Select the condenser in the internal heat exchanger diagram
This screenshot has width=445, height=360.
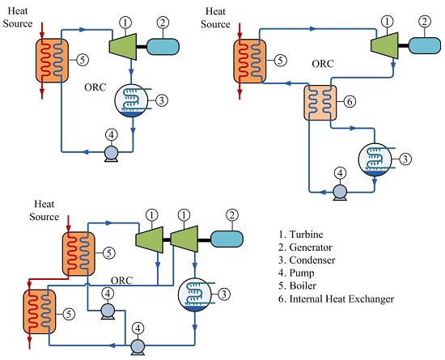pos(375,159)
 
